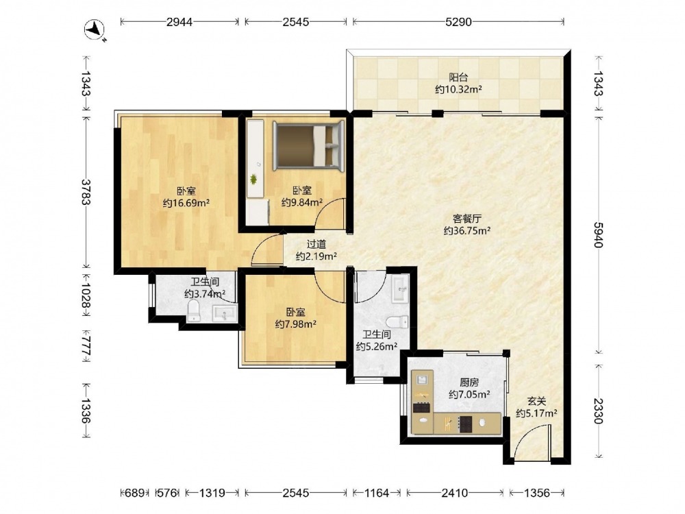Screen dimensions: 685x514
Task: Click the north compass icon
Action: point(95,31)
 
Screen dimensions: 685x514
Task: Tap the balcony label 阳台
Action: point(458,78)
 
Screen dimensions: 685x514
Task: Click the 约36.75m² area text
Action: point(466,231)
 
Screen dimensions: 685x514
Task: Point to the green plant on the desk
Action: point(253,179)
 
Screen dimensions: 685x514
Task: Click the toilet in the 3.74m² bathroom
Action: point(194,311)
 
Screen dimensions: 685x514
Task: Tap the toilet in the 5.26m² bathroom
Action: point(397,322)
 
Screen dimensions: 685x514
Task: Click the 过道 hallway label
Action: point(316,245)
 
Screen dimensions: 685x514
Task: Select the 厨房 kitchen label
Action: point(469,383)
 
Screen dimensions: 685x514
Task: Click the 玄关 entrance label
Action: point(536,401)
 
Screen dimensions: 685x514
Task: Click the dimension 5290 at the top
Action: point(458,21)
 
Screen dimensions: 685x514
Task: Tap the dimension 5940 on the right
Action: point(599,234)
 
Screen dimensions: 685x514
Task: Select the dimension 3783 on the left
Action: point(86,192)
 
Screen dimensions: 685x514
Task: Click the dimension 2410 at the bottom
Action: point(454,493)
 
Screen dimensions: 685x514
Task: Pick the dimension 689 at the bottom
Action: point(134,493)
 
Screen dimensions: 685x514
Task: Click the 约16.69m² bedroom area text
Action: point(186,204)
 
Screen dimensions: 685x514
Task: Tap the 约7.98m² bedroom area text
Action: point(296,324)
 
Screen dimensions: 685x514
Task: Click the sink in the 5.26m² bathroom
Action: point(400,288)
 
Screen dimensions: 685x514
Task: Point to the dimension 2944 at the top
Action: point(179,21)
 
